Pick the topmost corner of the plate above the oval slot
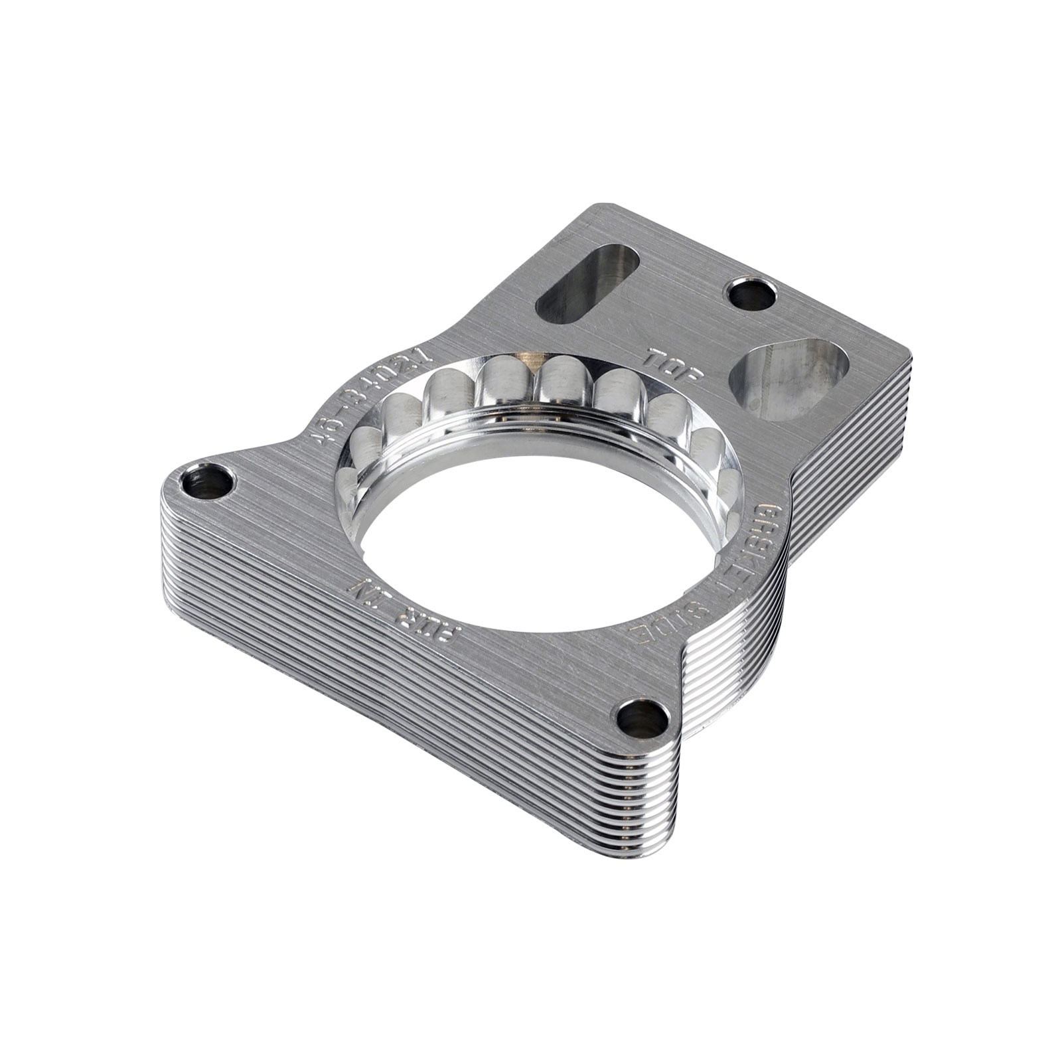(601, 207)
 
